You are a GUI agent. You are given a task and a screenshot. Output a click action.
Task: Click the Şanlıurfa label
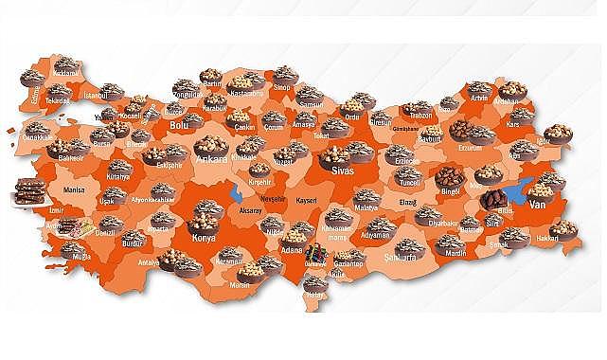click(403, 256)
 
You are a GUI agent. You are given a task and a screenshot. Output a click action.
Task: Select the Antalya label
click(150, 263)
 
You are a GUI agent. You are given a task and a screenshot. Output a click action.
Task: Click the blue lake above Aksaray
click(236, 193)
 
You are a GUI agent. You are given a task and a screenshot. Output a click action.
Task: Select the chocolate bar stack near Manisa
click(31, 192)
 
